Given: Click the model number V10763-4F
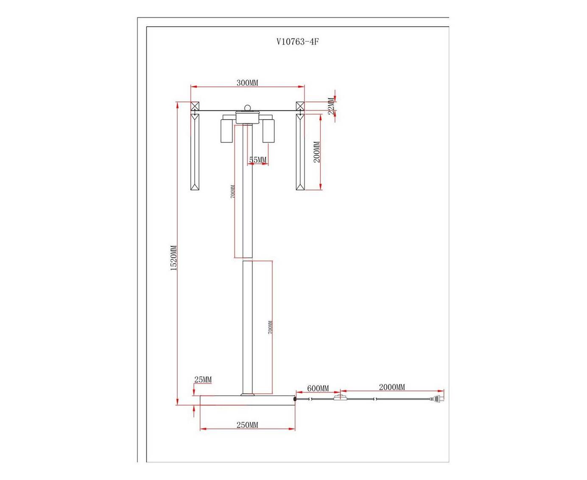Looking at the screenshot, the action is [297, 42].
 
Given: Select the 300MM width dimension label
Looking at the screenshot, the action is [247, 83].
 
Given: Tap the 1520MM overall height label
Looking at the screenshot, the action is [173, 258].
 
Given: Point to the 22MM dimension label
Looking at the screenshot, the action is [331, 106].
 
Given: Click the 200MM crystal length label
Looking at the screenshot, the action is [317, 152].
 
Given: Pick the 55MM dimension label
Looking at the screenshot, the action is [258, 160].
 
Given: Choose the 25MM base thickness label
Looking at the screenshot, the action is [203, 379].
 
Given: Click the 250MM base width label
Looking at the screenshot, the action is [247, 425].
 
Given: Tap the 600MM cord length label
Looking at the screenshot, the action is [318, 388].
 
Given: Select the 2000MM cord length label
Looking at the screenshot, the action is [392, 387].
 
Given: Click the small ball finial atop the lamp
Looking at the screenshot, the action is [247, 107].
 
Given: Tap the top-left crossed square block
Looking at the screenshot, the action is [195, 106].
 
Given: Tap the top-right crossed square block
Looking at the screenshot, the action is [300, 106].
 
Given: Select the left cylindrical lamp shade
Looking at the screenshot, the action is [226, 131].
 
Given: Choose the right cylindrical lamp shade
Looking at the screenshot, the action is [268, 131].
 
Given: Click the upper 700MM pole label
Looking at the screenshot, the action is [233, 191].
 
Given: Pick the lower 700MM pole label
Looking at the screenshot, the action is [270, 327].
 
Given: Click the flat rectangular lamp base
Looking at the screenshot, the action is [247, 400].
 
